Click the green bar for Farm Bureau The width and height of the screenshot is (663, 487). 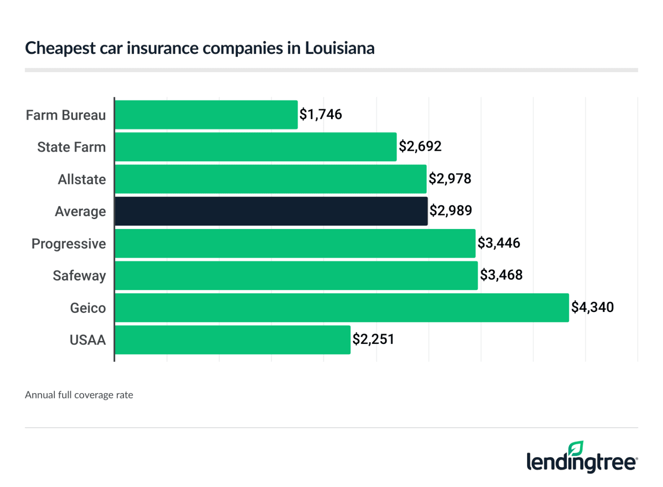click(206, 115)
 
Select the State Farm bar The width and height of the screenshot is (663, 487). click(256, 147)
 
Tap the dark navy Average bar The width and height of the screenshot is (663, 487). click(271, 211)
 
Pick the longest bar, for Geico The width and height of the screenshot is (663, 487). click(342, 308)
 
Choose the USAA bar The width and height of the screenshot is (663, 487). click(233, 340)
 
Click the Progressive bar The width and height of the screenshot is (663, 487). click(295, 243)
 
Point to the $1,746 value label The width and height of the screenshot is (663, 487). click(321, 115)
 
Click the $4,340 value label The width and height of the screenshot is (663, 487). click(592, 307)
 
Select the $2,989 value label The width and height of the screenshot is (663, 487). click(451, 210)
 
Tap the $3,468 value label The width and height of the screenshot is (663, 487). click(501, 275)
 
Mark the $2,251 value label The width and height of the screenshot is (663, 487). click(373, 339)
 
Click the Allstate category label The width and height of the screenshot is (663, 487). click(82, 179)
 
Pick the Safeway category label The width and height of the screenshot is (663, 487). click(79, 276)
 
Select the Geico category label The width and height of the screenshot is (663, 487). click(88, 308)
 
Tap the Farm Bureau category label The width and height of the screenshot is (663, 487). click(66, 115)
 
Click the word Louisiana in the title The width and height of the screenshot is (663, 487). click(340, 48)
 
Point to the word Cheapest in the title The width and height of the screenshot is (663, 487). click(60, 48)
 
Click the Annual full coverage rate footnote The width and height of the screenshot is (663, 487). click(79, 395)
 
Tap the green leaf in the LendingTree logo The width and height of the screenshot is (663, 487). click(576, 448)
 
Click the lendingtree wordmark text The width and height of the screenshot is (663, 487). click(581, 462)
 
